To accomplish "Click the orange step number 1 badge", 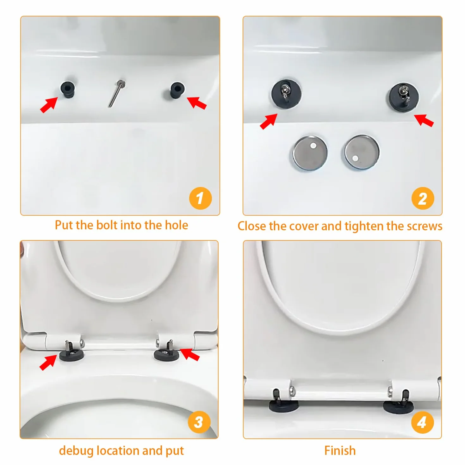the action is click(200, 198).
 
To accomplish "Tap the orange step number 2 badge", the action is click(423, 198).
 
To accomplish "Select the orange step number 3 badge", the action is click(199, 422).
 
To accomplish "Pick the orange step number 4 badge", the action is click(422, 422).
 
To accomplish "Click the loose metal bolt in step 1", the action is click(116, 94).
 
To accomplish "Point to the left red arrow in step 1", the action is click(49, 104).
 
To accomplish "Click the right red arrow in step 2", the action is click(424, 120).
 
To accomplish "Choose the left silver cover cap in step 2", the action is click(310, 153).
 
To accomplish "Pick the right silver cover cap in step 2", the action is click(362, 152).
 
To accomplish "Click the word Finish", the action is click(340, 450).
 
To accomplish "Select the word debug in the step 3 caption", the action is click(76, 451).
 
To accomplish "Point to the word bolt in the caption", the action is click(106, 225).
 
